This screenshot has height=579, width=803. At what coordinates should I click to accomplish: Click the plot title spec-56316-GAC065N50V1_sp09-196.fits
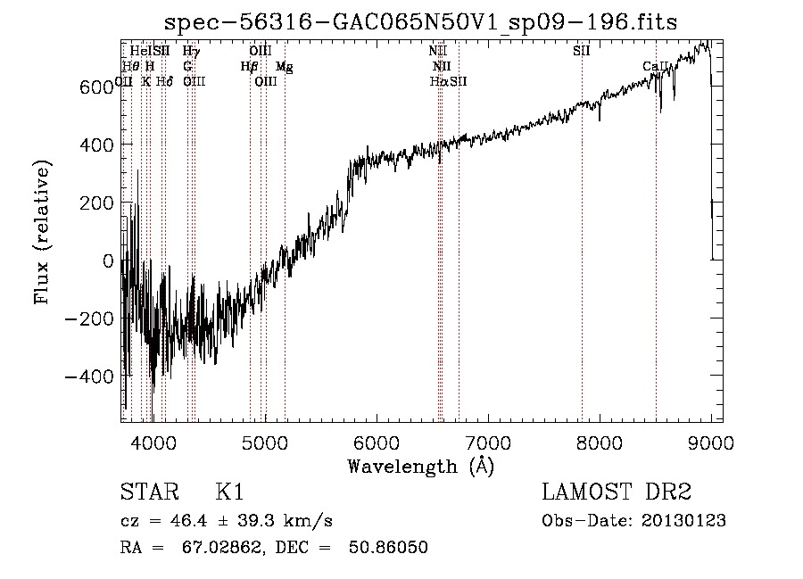click(422, 23)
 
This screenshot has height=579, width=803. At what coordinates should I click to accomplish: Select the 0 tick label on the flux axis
click(109, 261)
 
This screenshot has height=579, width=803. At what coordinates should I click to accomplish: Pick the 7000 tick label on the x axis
click(487, 441)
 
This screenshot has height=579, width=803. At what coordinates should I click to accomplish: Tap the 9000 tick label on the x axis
click(710, 441)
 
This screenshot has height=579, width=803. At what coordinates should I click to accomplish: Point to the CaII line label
click(655, 66)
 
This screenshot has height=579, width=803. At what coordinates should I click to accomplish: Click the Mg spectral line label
click(283, 66)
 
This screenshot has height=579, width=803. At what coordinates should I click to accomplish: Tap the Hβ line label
click(249, 66)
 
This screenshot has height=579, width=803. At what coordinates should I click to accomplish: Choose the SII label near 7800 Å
click(581, 51)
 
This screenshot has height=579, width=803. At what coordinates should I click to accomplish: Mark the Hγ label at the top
click(190, 51)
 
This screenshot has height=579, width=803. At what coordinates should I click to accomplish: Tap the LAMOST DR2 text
click(617, 492)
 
